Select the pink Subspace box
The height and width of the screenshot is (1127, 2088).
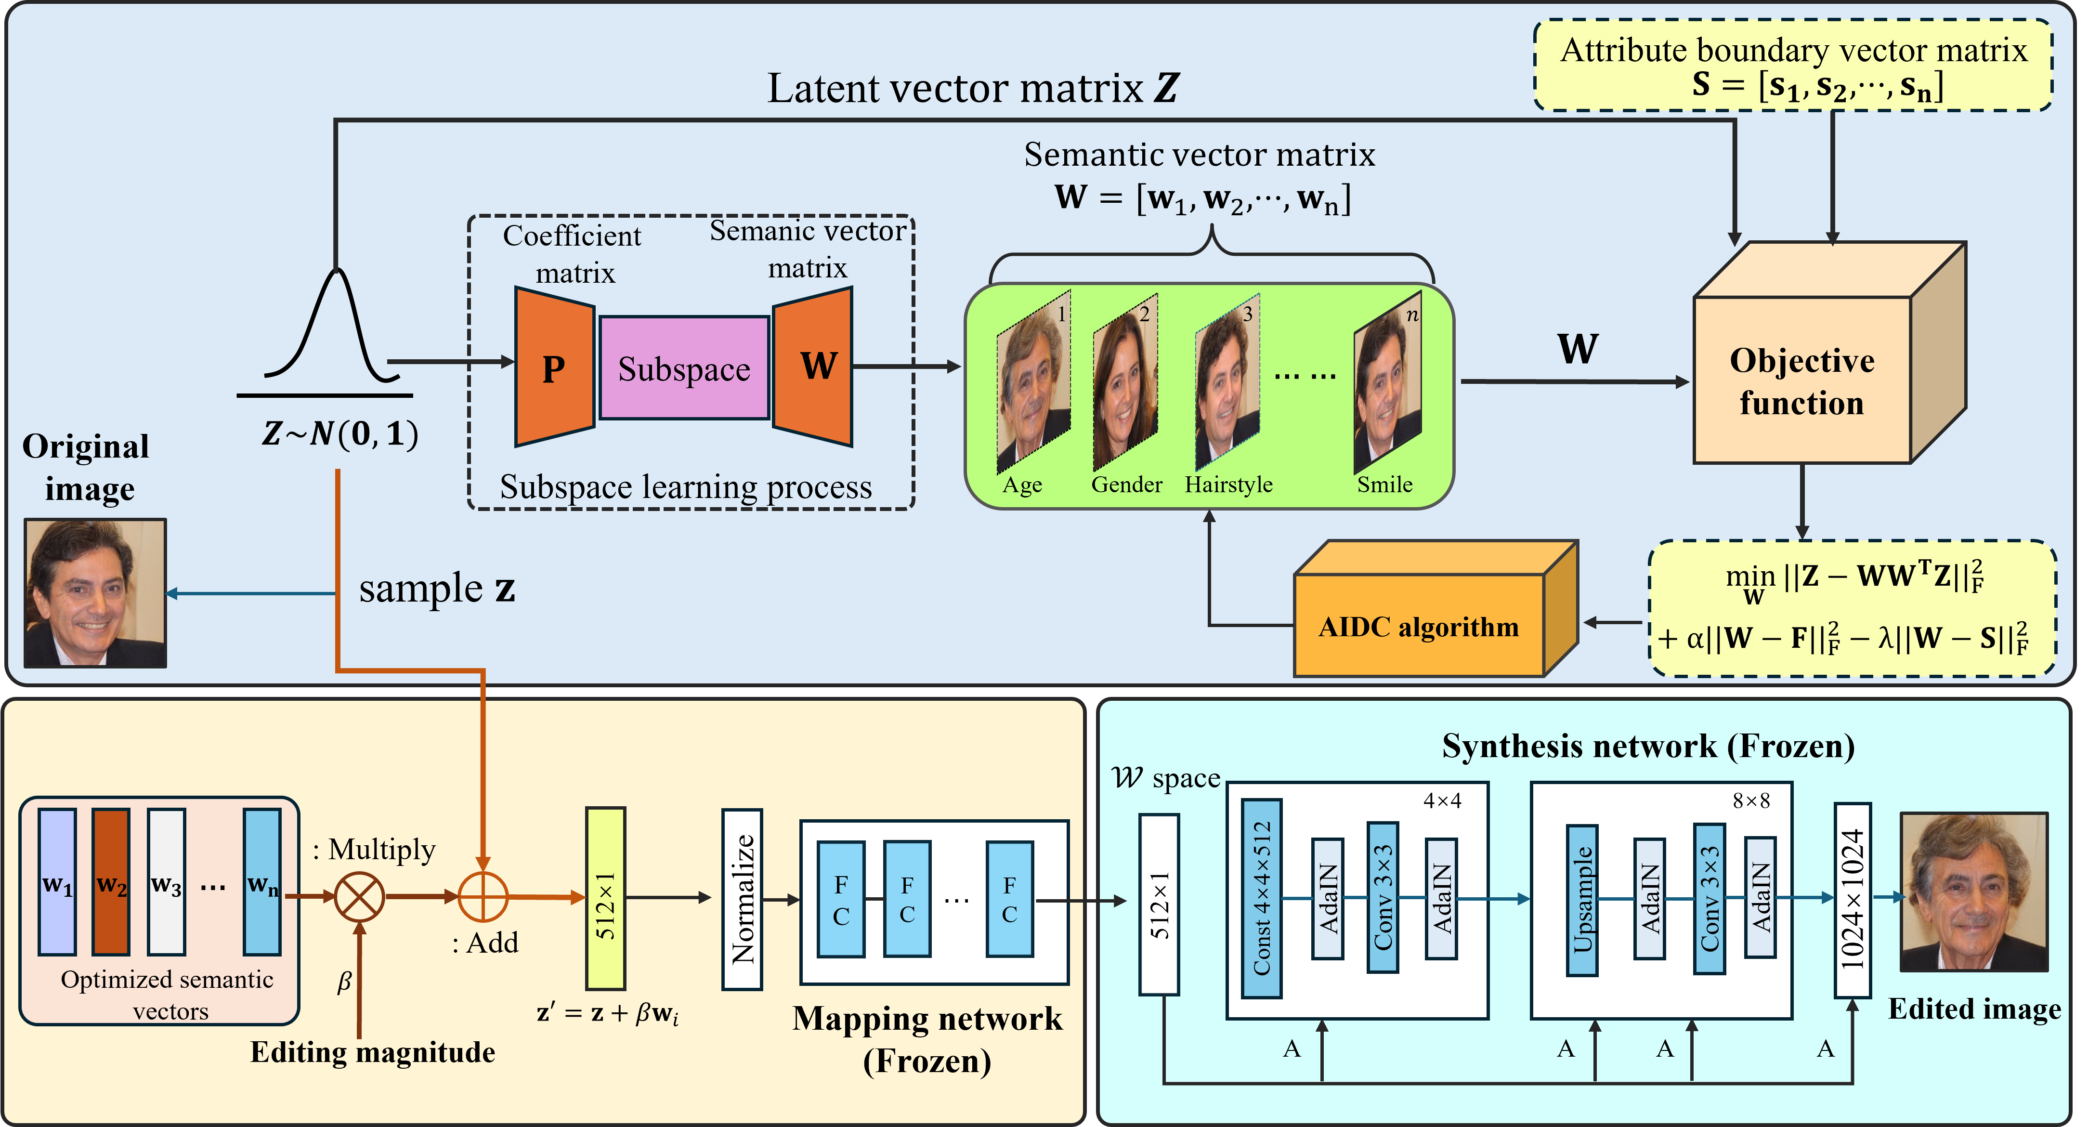684,367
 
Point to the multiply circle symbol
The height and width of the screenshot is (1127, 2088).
359,897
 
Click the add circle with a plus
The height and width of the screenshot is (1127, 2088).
483,897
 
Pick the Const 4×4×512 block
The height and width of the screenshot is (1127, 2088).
1261,898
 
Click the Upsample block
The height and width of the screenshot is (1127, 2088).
1582,900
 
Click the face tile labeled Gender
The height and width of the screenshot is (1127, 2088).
1125,383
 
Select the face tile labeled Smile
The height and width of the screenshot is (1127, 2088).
1387,383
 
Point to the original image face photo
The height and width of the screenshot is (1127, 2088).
95,593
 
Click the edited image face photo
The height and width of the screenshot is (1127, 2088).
1974,892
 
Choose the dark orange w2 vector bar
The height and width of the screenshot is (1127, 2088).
111,881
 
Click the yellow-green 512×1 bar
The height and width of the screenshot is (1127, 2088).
605,898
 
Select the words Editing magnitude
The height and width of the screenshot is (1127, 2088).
372,1052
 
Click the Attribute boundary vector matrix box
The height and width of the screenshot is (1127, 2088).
1793,66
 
